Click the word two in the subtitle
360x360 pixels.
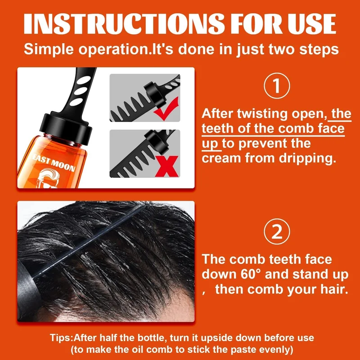point(281,49)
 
